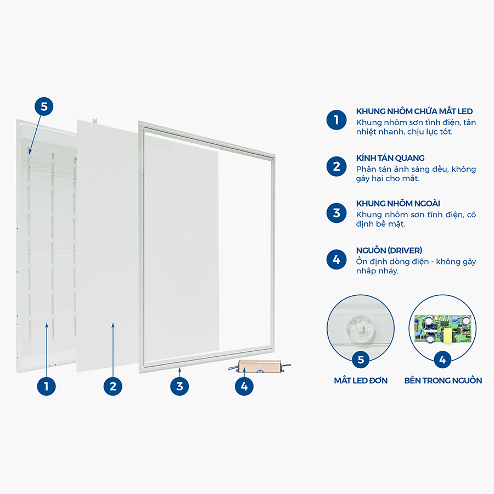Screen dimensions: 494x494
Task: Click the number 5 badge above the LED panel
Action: [44, 106]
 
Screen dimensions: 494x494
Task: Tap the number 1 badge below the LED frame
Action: [46, 386]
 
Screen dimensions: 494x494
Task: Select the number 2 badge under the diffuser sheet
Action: [113, 386]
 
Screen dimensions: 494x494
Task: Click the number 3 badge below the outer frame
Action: [179, 386]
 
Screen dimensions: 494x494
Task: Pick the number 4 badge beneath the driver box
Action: [244, 386]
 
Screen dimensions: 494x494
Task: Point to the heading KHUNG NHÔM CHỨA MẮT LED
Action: [414, 111]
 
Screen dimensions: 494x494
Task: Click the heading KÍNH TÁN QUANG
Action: [390, 158]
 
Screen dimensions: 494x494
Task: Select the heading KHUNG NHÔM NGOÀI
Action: [398, 204]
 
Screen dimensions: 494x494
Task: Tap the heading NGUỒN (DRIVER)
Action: [389, 250]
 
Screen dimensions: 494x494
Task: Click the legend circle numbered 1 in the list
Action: [336, 120]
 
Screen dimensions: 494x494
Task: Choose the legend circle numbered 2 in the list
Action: [336, 166]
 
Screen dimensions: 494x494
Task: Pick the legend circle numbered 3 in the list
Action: [336, 213]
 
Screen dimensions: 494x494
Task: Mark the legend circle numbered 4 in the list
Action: [336, 260]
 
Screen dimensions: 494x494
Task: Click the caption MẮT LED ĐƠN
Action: [361, 380]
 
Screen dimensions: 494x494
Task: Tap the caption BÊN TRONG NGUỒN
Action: [443, 380]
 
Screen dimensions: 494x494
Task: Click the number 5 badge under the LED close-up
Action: [361, 360]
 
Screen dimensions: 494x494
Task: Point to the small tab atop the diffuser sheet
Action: [94, 120]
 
